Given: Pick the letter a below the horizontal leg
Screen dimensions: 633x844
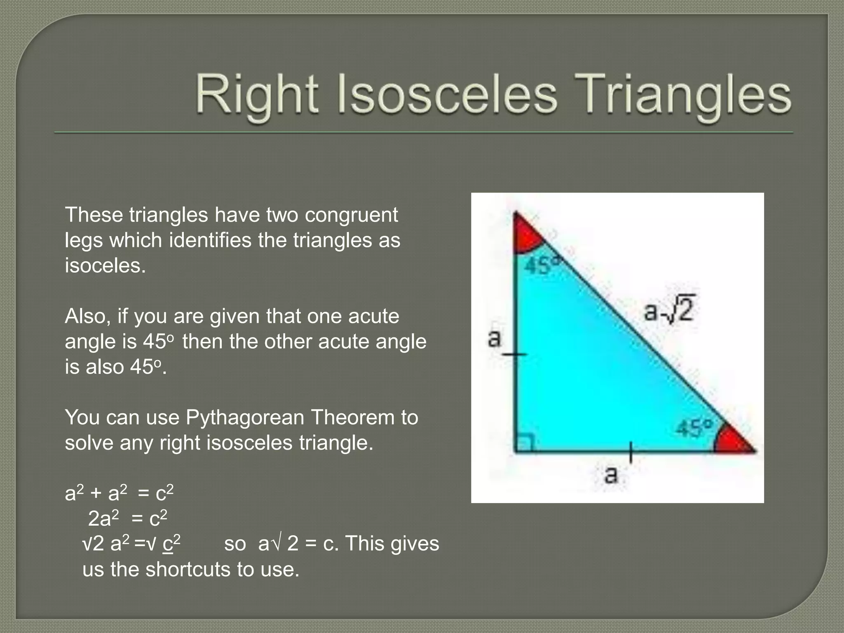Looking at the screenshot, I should coord(611,474).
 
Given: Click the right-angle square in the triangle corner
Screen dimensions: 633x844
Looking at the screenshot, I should coord(525,443).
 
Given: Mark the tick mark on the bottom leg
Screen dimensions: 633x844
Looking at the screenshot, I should coord(631,452).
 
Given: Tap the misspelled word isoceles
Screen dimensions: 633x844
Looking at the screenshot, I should coord(105,266).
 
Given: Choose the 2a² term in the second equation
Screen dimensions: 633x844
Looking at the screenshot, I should coord(103,518).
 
